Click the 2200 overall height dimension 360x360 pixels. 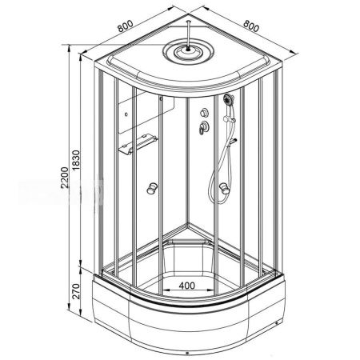click(x=65, y=178)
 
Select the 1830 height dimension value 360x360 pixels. click(x=76, y=161)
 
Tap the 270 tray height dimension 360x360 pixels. click(x=76, y=291)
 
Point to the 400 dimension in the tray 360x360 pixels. click(x=187, y=286)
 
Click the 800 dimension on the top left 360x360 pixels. click(x=125, y=26)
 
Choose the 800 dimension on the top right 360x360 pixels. click(x=251, y=26)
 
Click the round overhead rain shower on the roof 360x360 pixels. click(x=189, y=52)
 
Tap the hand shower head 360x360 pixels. click(x=229, y=100)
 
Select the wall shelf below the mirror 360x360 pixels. click(x=138, y=144)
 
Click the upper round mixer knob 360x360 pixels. click(x=204, y=113)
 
